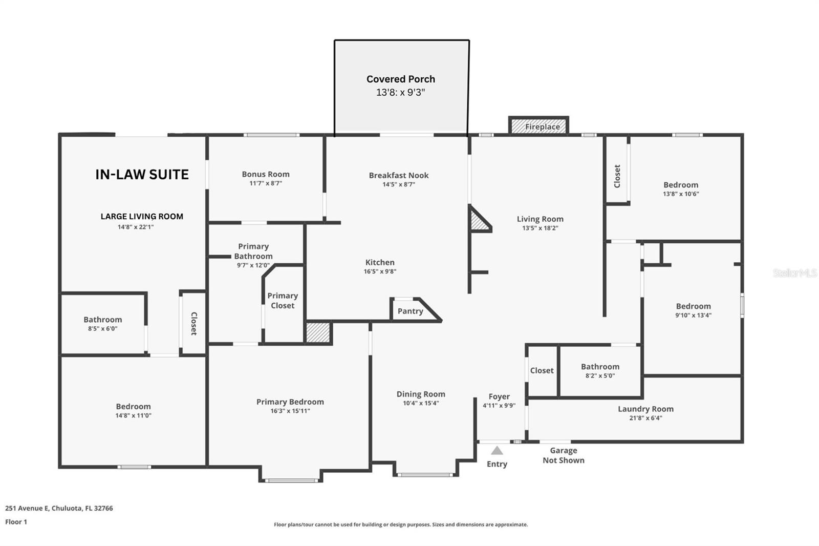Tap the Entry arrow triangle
pyautogui.click(x=497, y=451)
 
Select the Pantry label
pyautogui.click(x=410, y=311)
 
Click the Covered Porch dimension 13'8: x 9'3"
pyautogui.click(x=401, y=93)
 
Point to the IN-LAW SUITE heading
pyautogui.click(x=142, y=175)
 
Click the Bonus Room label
pyautogui.click(x=266, y=174)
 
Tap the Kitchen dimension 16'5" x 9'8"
pyautogui.click(x=380, y=271)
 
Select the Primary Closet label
pyautogui.click(x=283, y=301)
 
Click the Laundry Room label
pyautogui.click(x=645, y=409)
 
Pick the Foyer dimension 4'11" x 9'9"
pyautogui.click(x=499, y=405)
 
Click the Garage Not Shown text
pyautogui.click(x=563, y=455)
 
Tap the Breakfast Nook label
pyautogui.click(x=399, y=175)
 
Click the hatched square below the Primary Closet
pyautogui.click(x=318, y=332)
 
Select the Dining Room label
pyautogui.click(x=421, y=394)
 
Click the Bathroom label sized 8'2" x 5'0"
pyautogui.click(x=600, y=367)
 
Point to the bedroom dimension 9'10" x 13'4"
pyautogui.click(x=693, y=316)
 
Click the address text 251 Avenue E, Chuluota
pyautogui.click(x=59, y=508)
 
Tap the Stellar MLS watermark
pyautogui.click(x=794, y=273)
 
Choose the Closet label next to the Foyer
pyautogui.click(x=542, y=370)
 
